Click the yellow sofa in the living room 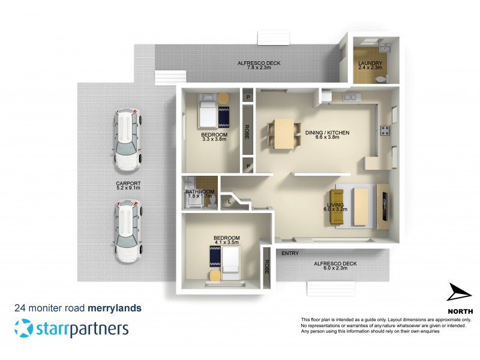(337, 208)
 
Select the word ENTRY (290, 253)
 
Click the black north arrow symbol (460, 294)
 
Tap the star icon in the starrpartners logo (23, 329)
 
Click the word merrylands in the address (115, 308)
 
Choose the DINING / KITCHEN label (327, 134)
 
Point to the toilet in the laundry (386, 77)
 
